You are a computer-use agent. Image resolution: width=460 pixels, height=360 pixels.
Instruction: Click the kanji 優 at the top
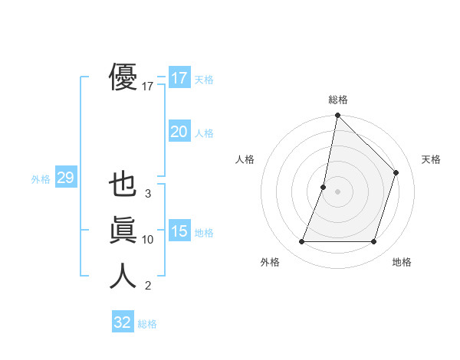point(123,77)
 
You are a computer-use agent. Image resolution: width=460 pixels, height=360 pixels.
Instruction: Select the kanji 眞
point(123,230)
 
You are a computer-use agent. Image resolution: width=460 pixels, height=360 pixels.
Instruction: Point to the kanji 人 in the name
point(123,276)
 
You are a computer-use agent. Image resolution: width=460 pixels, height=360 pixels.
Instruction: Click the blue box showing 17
point(179,77)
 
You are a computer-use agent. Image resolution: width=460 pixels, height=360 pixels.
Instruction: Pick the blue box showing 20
point(179,132)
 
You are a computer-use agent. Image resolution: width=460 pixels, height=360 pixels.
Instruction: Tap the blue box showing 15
point(179,231)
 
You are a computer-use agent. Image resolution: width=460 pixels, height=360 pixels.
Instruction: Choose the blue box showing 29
point(65,178)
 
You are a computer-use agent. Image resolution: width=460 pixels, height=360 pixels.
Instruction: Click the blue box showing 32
point(123,322)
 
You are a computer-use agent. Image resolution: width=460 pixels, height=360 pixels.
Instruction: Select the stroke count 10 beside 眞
point(148,240)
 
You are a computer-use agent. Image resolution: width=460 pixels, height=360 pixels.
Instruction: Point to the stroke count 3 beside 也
point(148,194)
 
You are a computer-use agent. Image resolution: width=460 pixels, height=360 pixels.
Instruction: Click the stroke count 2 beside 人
point(148,286)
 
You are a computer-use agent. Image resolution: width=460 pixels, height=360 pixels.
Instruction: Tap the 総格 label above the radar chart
point(338,100)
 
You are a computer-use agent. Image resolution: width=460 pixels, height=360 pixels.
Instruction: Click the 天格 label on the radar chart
point(431,159)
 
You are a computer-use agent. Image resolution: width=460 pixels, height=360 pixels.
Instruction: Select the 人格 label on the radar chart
point(245,159)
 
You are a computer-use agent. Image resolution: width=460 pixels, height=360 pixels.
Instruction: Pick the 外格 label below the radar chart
point(270,262)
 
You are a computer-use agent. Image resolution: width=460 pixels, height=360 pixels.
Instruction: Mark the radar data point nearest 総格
point(337,116)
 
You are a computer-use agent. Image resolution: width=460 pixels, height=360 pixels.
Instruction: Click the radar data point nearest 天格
point(396,172)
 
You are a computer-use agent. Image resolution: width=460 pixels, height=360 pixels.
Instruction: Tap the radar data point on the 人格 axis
point(324,187)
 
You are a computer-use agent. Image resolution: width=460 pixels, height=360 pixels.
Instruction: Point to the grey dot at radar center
point(337,191)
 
